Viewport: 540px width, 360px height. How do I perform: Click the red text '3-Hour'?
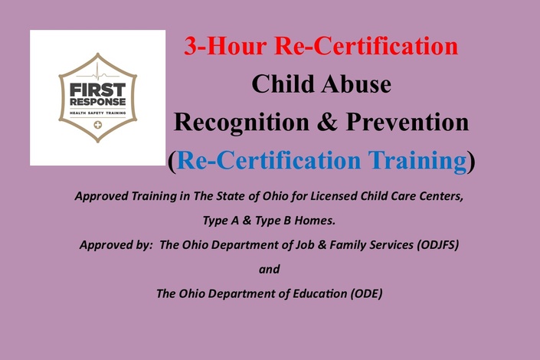pos(225,46)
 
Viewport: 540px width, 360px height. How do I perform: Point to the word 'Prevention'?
pos(407,122)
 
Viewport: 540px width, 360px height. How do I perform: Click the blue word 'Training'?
pos(417,161)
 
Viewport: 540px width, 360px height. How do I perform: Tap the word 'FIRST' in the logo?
pos(97,90)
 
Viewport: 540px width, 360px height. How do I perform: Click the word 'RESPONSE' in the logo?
pos(97,102)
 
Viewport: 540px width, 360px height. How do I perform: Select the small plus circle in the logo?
pos(98,125)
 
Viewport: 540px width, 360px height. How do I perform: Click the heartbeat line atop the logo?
pos(97,75)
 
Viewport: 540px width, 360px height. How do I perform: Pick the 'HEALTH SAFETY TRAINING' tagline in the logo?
pos(97,113)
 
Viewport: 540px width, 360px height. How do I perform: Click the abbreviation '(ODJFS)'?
pos(437,245)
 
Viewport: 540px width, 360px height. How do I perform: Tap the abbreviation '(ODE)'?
pos(366,294)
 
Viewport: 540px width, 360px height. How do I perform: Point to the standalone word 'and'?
pos(270,269)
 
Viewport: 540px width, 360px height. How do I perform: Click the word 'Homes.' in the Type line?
pos(315,220)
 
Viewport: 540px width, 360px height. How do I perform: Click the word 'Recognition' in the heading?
pos(241,123)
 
